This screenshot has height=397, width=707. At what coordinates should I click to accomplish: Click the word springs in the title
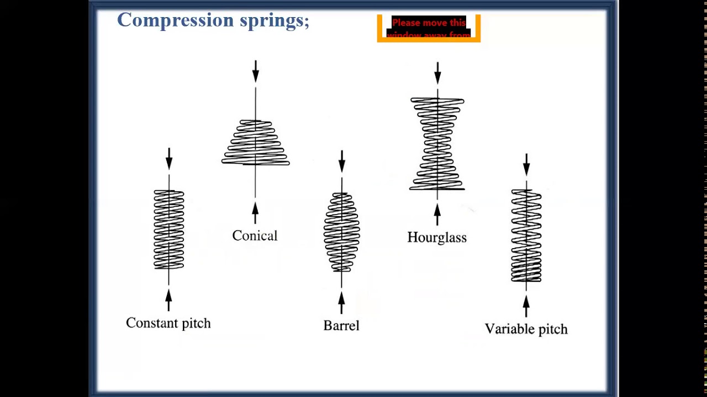tap(274, 21)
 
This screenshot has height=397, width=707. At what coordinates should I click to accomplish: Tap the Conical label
tap(255, 236)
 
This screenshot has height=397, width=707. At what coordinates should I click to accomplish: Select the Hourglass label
tap(437, 238)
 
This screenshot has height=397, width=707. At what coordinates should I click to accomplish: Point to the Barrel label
tap(341, 325)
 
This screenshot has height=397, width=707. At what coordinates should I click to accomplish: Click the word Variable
tap(507, 329)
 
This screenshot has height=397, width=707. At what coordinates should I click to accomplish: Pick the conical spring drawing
tap(255, 142)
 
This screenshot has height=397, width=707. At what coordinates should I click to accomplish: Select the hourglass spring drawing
tap(437, 143)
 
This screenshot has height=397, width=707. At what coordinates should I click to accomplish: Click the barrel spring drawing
tap(341, 232)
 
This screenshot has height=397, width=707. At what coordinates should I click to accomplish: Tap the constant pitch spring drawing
tap(169, 229)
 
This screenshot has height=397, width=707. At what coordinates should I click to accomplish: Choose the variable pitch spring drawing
tap(526, 235)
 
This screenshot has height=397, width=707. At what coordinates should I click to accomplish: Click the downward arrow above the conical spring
tap(255, 72)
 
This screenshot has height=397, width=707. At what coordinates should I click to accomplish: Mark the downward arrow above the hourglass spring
tap(437, 73)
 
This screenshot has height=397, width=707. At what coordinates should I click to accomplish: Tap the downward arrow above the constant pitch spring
tap(169, 159)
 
